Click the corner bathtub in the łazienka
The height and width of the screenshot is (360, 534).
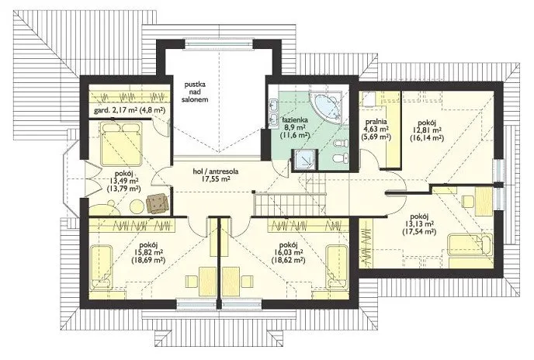326,106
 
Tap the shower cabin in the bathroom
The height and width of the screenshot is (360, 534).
305,159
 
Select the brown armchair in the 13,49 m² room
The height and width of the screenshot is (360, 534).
157,203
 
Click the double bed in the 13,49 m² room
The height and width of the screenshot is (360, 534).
121,143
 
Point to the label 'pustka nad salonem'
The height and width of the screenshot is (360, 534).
195,92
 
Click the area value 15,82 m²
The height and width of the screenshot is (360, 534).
147,252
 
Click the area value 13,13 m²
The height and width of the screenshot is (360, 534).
419,224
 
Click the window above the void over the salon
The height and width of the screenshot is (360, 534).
219,44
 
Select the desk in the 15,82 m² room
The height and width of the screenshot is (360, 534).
208,282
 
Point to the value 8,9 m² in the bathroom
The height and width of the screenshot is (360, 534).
293,127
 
